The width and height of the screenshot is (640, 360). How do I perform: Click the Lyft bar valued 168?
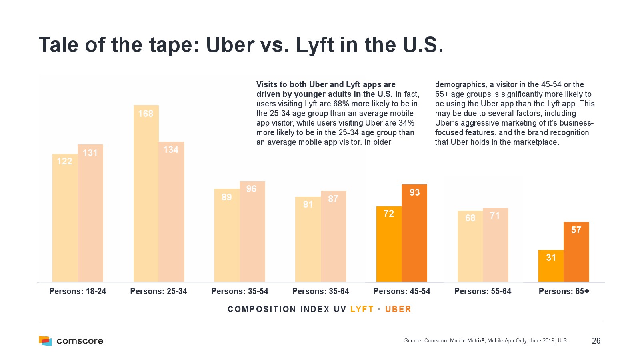(146, 194)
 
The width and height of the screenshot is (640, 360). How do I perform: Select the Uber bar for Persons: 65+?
(576, 252)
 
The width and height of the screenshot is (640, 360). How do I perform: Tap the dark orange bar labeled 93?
(414, 233)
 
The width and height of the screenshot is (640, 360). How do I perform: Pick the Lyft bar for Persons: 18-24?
(65, 218)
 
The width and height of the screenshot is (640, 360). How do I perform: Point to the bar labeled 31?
(551, 266)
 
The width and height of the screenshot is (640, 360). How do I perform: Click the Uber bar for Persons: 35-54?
(252, 232)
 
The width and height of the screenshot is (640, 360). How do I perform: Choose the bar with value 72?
(389, 244)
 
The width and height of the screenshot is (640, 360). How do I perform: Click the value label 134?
(171, 150)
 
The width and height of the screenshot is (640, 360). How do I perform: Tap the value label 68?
(470, 218)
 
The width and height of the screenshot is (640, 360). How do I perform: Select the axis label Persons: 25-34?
(158, 291)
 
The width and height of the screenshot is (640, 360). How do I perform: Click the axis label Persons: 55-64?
(482, 291)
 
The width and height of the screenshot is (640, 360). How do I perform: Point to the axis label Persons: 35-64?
(320, 291)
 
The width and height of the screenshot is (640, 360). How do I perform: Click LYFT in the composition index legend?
(362, 309)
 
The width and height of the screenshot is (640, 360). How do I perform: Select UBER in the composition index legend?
(398, 309)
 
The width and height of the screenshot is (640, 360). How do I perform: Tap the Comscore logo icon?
(45, 341)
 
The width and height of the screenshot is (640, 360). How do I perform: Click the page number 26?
(596, 341)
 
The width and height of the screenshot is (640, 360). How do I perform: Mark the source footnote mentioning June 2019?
(486, 341)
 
